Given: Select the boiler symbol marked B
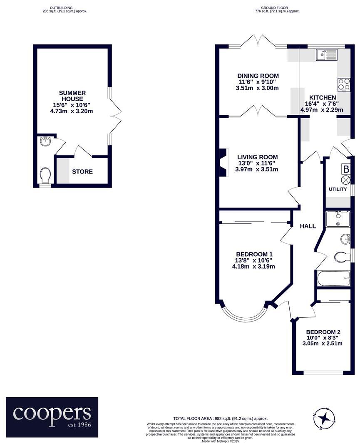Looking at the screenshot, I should point(345,169).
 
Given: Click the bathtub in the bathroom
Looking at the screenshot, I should point(333,278).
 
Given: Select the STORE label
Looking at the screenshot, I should point(82,171).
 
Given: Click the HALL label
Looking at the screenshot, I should point(308,226).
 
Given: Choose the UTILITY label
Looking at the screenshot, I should point(338,189).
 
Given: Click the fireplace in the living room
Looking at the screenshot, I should point(223,163).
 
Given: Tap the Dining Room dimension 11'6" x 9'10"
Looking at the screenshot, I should point(258,82).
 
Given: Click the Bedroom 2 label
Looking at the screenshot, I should point(323,332).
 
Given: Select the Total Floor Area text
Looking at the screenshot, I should point(220,418).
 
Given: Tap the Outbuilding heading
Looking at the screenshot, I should point(61,7).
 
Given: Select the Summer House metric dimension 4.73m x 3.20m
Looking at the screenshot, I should point(72,111).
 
